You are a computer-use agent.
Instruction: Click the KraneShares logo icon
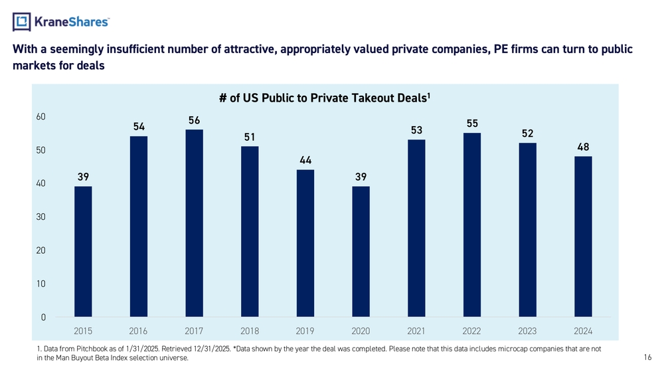[22, 22]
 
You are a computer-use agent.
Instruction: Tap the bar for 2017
[194, 223]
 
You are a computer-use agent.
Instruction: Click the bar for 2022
[472, 225]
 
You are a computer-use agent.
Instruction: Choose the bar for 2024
[583, 236]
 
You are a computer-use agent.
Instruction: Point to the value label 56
[194, 120]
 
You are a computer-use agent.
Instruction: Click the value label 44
[305, 160]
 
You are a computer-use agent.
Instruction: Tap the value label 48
[584, 147]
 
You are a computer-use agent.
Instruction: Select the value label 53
[416, 130]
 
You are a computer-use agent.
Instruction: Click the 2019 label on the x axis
[305, 331]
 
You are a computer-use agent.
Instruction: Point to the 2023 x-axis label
[528, 331]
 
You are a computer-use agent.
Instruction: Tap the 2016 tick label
[139, 331]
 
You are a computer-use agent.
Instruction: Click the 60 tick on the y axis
[41, 117]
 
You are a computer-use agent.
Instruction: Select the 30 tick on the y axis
[41, 217]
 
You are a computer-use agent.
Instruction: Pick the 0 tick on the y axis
[43, 318]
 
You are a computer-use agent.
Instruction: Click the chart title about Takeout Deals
[325, 98]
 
